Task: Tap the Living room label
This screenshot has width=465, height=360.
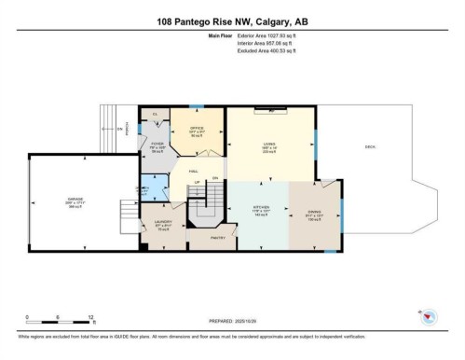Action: tap(268, 146)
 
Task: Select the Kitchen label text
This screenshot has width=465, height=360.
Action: tap(261, 209)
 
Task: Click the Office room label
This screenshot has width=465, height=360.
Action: tap(197, 130)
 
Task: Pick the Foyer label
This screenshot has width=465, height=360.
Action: tap(157, 146)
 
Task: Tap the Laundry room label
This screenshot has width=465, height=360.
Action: tap(162, 224)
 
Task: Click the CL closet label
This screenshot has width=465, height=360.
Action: tap(155, 114)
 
